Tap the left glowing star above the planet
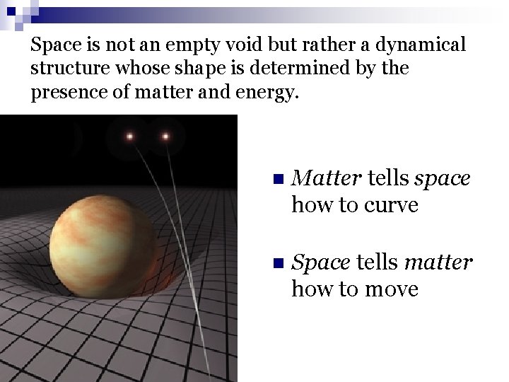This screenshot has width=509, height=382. [130, 136]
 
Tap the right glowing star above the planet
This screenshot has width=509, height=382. [166, 136]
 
